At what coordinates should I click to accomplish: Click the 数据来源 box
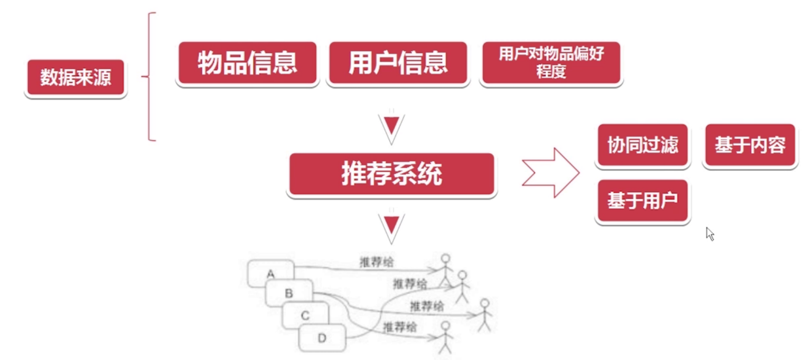pyautogui.click(x=75, y=78)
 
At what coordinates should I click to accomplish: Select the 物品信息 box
pyautogui.click(x=247, y=63)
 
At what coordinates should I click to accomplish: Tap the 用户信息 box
pyautogui.click(x=398, y=63)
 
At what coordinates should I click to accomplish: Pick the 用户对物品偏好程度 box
pyautogui.click(x=551, y=63)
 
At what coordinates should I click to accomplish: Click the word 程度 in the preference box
pyautogui.click(x=551, y=71)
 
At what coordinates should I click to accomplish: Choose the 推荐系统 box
pyautogui.click(x=391, y=174)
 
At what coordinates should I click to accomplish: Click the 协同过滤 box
pyautogui.click(x=642, y=145)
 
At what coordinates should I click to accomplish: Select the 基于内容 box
pyautogui.click(x=750, y=145)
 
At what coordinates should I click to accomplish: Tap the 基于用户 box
pyautogui.click(x=642, y=201)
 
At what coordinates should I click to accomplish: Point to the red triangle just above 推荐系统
pyautogui.click(x=391, y=126)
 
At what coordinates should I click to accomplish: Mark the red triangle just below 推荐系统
pyautogui.click(x=391, y=225)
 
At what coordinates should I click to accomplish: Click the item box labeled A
pyautogui.click(x=270, y=274)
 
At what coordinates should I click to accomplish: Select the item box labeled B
pyautogui.click(x=288, y=293)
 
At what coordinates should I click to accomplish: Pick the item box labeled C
pyautogui.click(x=305, y=315)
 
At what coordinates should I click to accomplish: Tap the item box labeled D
pyautogui.click(x=322, y=338)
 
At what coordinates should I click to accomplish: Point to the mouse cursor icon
pyautogui.click(x=710, y=234)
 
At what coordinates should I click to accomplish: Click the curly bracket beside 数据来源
pyautogui.click(x=150, y=77)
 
